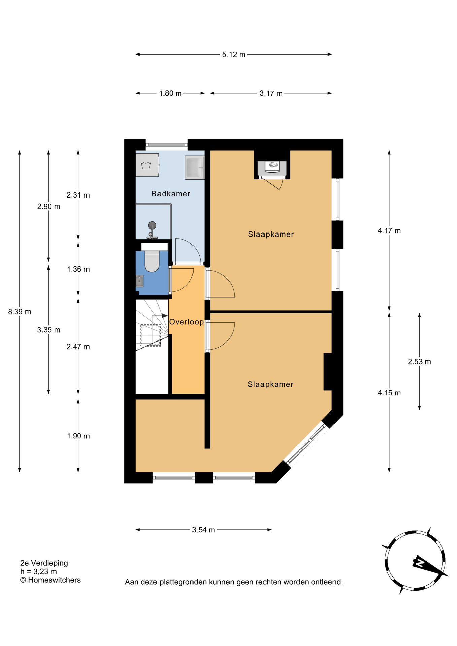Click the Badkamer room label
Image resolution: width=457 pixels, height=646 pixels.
171,194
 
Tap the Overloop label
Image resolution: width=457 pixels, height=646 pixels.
186,322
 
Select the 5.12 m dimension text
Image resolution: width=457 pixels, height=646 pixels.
234,55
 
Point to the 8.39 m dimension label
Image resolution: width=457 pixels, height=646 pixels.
20,312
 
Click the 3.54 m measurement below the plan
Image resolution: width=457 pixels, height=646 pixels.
203,530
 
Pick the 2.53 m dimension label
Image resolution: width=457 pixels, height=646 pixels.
419,362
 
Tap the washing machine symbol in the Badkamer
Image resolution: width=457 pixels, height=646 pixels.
147,165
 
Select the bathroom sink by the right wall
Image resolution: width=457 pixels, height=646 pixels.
195,168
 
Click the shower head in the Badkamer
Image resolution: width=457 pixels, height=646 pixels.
152,225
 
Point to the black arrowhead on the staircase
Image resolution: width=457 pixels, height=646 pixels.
165,316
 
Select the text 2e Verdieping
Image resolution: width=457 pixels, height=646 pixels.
44,563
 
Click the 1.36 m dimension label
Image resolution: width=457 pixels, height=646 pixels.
78,269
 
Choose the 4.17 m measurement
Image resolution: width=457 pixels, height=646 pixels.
389,230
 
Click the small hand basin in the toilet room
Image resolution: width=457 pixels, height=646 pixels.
139,281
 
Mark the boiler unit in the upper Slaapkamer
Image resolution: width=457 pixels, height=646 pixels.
272,168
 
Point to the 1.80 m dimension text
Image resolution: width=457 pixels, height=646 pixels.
170,93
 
